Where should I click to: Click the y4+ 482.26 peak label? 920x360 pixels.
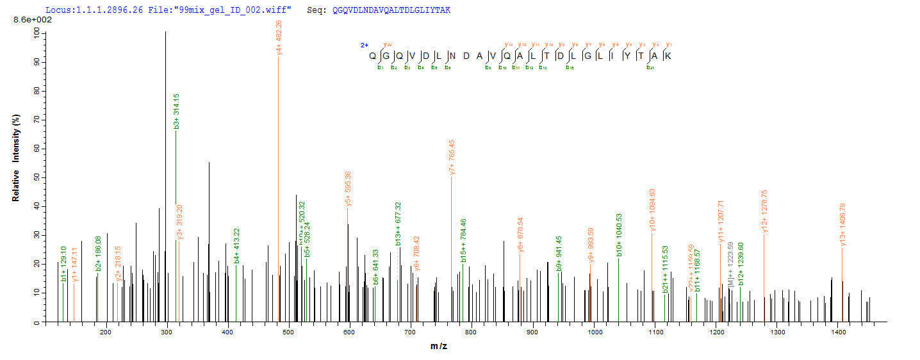(x=279, y=37)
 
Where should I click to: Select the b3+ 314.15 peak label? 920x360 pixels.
(x=176, y=111)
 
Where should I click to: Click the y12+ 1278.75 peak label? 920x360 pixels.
(x=764, y=211)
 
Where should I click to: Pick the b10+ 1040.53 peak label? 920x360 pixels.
(x=619, y=235)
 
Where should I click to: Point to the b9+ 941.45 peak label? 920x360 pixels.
(x=559, y=253)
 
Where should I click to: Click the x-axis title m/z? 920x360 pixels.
(x=439, y=347)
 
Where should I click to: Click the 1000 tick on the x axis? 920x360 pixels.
(x=594, y=332)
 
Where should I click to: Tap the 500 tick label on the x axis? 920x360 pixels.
(x=288, y=332)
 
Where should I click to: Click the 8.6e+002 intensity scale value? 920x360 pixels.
(x=33, y=20)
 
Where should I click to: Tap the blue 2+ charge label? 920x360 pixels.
(x=364, y=45)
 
